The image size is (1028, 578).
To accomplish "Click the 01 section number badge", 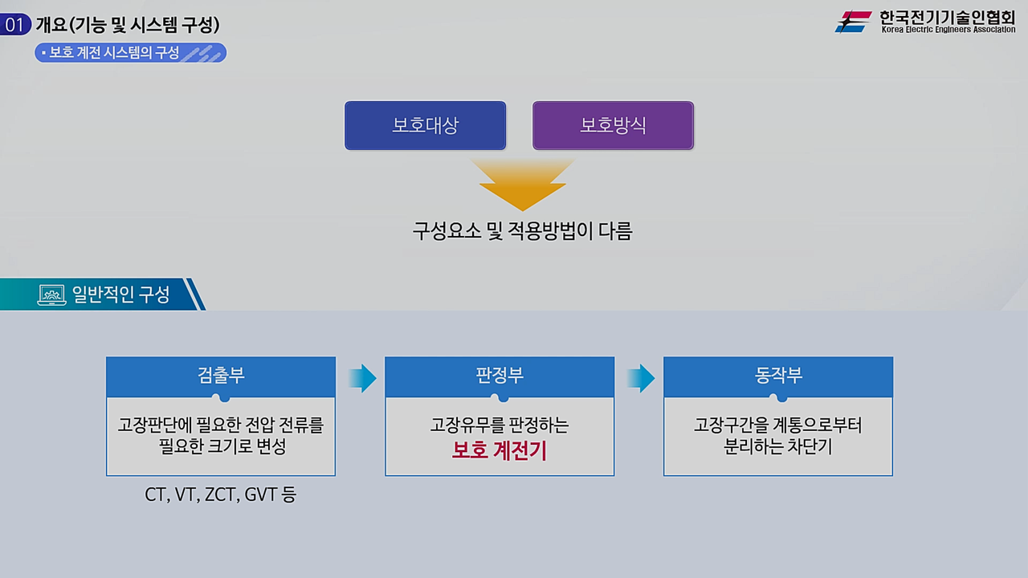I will [15, 25].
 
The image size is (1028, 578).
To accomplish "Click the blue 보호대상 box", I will [425, 126].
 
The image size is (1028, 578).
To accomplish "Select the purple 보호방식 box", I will [613, 126].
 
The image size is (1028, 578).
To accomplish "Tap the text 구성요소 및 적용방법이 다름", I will [522, 232].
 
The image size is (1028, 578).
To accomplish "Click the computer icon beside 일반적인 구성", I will [51, 295].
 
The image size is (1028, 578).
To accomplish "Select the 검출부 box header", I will [221, 376].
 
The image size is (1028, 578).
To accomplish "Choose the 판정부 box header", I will [500, 376].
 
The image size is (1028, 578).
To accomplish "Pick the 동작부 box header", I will [778, 376].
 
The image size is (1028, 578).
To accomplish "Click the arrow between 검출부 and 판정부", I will [363, 378].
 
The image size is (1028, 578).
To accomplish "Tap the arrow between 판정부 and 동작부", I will [641, 378].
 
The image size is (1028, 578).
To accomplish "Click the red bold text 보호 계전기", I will [500, 450].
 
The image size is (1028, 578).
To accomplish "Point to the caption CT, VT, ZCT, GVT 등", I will [220, 495].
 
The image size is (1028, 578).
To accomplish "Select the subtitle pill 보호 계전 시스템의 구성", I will [130, 53].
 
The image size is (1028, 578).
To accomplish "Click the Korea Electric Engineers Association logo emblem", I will [853, 22].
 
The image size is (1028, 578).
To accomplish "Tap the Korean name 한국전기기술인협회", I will [947, 16].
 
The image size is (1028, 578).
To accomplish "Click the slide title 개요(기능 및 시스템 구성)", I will [128, 25].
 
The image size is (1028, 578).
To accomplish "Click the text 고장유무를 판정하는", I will [500, 425].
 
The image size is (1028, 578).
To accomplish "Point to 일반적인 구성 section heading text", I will [121, 295].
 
